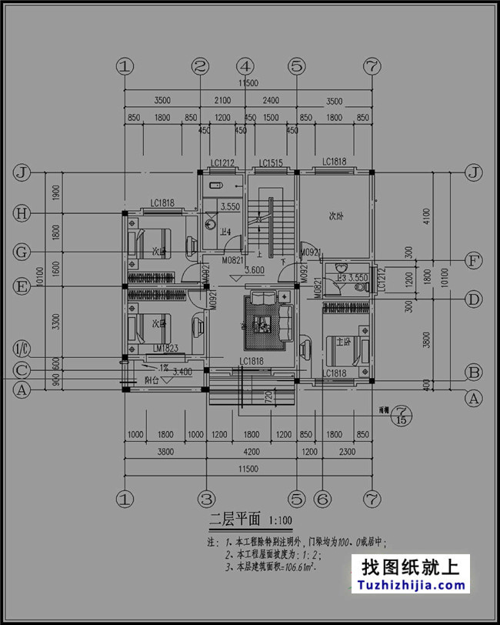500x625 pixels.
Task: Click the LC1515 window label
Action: point(271,163)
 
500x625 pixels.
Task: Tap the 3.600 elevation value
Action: point(255,270)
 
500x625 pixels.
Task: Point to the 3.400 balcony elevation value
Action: point(182,372)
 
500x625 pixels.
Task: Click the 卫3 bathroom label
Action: point(341,278)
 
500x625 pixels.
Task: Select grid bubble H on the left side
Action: point(22,214)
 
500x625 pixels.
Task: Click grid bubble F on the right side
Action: point(475,261)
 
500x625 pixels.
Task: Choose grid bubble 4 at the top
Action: point(245,67)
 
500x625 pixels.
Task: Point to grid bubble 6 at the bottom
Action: point(323,498)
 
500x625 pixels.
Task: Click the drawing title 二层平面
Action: point(235,519)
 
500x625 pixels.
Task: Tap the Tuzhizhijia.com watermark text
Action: point(413,586)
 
